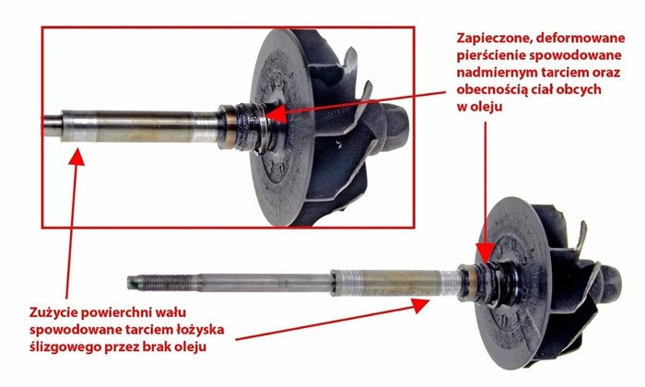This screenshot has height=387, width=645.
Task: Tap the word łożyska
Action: coord(200,330)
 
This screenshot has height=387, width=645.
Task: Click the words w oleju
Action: coord(479,107)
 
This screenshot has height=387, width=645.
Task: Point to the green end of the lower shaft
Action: coord(130,283)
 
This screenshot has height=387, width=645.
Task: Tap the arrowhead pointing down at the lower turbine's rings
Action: coord(486,252)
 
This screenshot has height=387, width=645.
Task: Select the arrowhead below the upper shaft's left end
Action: coord(76,158)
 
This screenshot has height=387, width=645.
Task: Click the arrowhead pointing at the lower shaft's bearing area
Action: coord(420,305)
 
